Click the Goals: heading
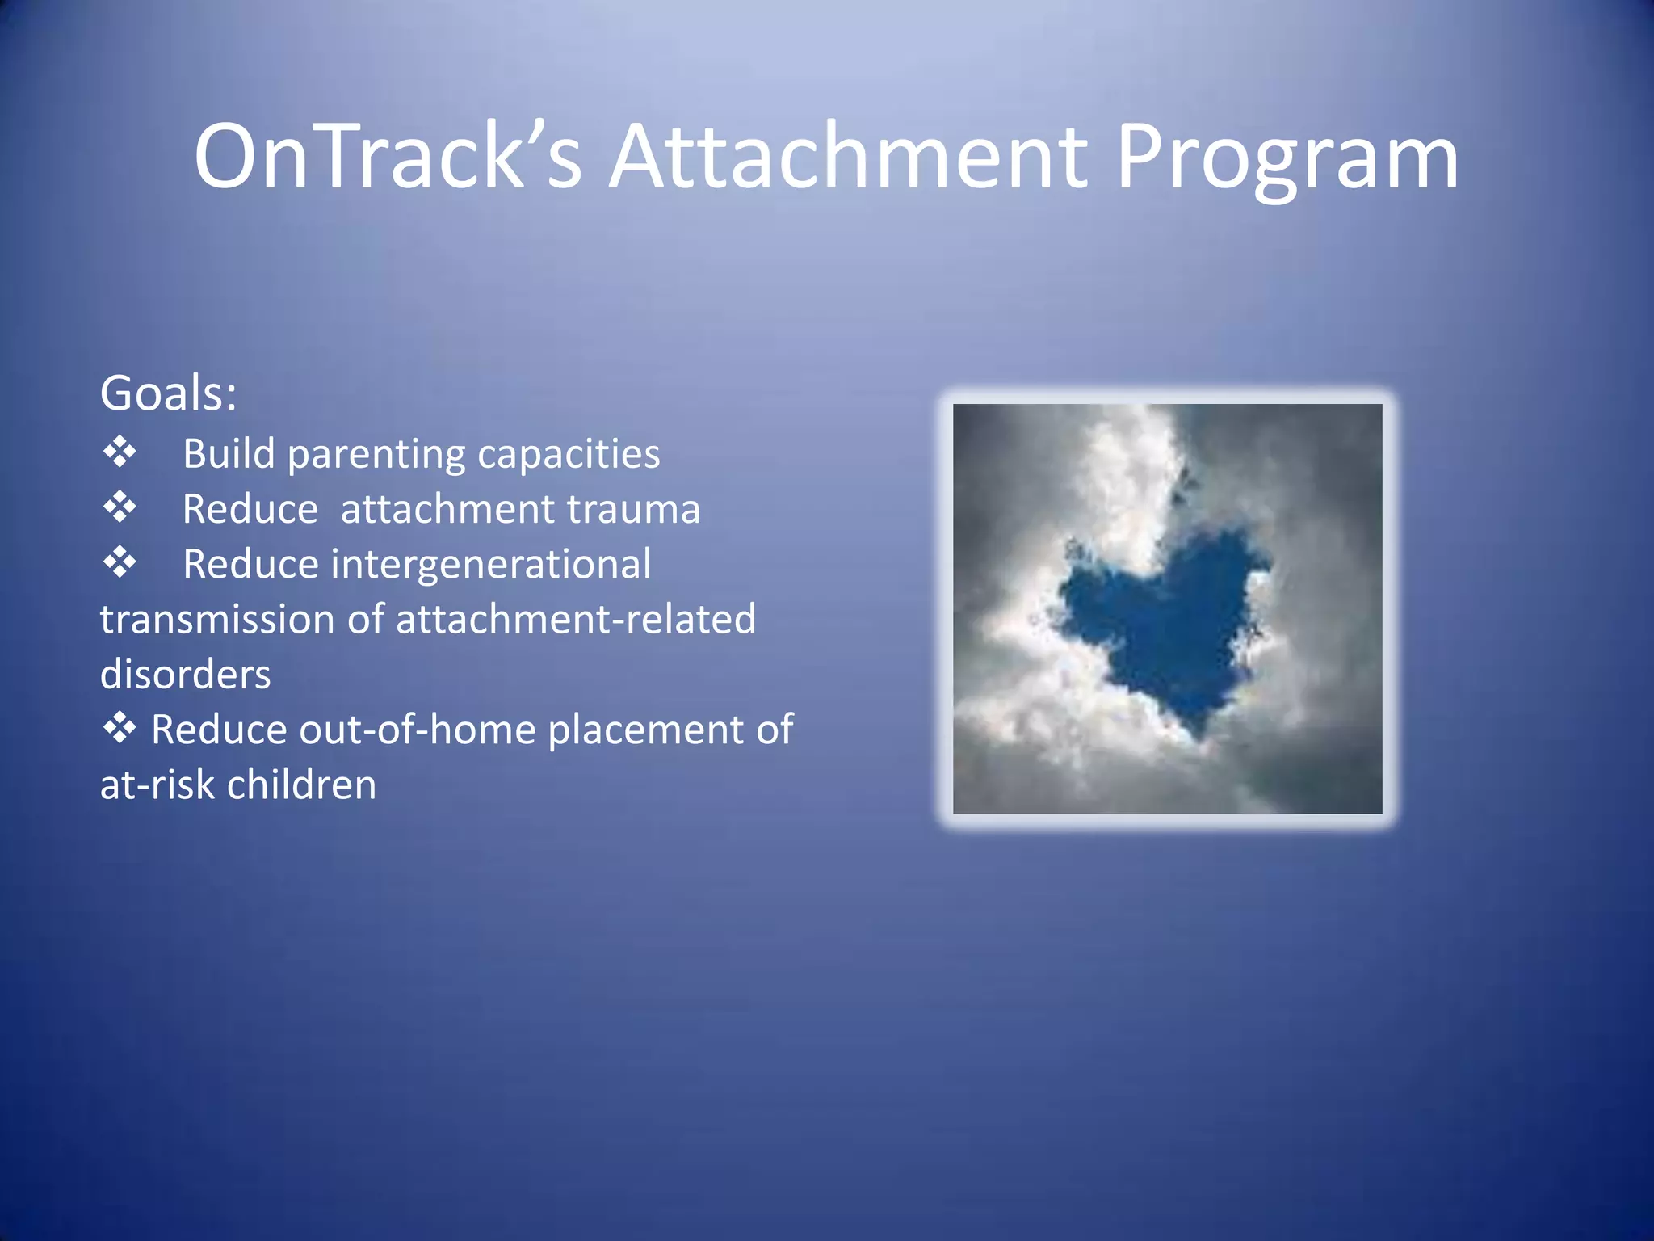click(x=168, y=394)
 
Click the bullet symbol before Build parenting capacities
click(x=120, y=452)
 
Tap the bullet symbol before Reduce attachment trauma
click(x=120, y=507)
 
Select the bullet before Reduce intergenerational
click(x=120, y=562)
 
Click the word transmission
click(x=217, y=620)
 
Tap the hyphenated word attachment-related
click(x=575, y=620)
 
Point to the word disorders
click(x=185, y=675)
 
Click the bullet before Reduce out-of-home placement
click(x=120, y=728)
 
